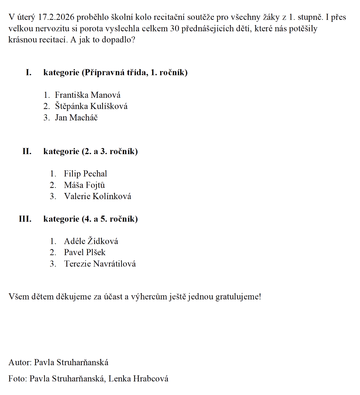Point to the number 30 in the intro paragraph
tap(174, 28)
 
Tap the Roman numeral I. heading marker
tap(29, 72)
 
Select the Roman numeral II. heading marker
tap(27, 151)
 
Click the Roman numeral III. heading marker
tap(25, 219)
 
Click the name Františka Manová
tap(87, 95)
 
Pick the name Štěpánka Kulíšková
tap(91, 106)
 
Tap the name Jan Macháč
tap(76, 118)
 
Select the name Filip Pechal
tap(85, 174)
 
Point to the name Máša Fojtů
tap(84, 185)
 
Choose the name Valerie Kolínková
tap(97, 197)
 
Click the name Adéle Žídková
tap(91, 241)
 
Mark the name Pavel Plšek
tap(84, 253)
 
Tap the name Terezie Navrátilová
tap(100, 264)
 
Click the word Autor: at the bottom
tap(20, 362)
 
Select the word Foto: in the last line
tap(18, 378)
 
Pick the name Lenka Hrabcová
tap(138, 378)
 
